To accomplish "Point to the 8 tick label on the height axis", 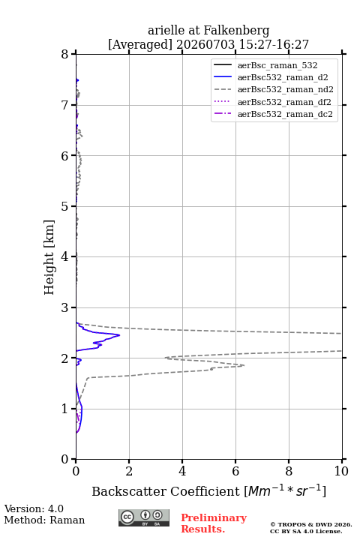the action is pyautogui.click(x=64, y=55).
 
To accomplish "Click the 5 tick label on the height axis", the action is pyautogui.click(x=64, y=207).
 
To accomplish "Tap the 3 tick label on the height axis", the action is pyautogui.click(x=64, y=307).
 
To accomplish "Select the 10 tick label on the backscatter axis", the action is pyautogui.click(x=341, y=471).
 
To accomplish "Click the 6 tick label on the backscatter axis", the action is pyautogui.click(x=235, y=471).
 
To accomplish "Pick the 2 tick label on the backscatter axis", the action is pyautogui.click(x=129, y=471).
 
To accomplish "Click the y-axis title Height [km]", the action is pyautogui.click(x=49, y=257).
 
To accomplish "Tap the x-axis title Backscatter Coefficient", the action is pyautogui.click(x=166, y=491).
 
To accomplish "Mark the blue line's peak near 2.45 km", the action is pyautogui.click(x=119, y=334).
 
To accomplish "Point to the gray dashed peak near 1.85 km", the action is pyautogui.click(x=244, y=365).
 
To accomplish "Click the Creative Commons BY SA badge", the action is pyautogui.click(x=144, y=517).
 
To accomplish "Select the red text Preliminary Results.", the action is pyautogui.click(x=214, y=523).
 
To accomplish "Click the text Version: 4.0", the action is pyautogui.click(x=34, y=508).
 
